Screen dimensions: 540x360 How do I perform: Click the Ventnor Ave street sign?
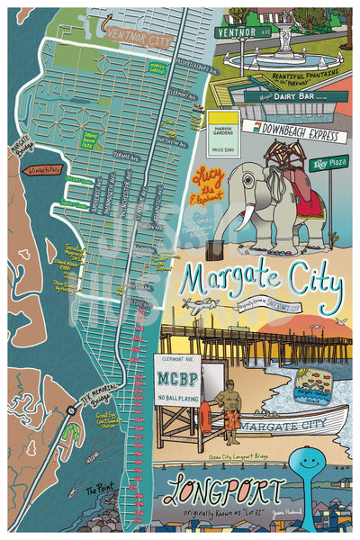pos(240,32)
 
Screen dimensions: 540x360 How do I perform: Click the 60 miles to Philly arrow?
pos(44,169)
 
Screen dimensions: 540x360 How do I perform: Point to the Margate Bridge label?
pos(20,147)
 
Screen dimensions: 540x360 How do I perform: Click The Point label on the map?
pos(101,492)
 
